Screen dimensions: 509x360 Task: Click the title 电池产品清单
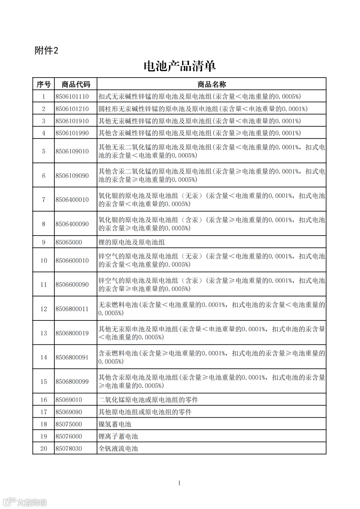[180, 66]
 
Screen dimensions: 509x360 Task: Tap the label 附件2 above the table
[46, 51]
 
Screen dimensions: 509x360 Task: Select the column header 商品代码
[76, 84]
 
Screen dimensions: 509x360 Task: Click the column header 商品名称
[212, 84]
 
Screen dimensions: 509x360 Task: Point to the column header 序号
[43, 84]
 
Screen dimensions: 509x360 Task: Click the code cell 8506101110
[72, 97]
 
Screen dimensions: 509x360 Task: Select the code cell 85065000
[69, 242]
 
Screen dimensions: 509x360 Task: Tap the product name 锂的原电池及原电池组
[132, 242]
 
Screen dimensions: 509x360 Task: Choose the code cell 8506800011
[72, 309]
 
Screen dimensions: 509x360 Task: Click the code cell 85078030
[69, 448]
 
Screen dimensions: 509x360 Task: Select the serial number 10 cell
[44, 260]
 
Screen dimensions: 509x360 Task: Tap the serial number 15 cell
[44, 381]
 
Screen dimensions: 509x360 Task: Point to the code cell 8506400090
[72, 224]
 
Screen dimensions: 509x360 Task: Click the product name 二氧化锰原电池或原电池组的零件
[148, 400]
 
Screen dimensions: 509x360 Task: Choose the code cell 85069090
[69, 412]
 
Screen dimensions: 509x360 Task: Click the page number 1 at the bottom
[179, 483]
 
